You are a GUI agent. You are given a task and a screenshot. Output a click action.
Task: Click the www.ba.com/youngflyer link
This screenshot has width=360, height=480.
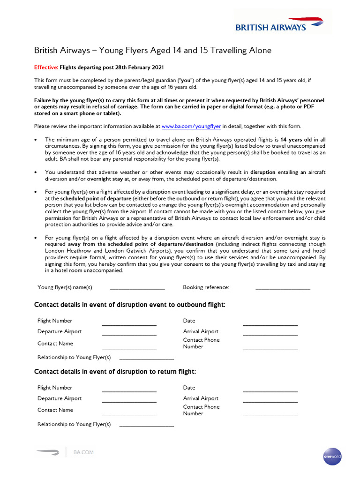click(191, 127)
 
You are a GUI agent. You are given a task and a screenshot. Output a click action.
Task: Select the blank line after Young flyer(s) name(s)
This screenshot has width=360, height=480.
click(137, 288)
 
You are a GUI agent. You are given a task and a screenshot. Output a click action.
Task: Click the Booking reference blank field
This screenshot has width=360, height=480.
click(283, 288)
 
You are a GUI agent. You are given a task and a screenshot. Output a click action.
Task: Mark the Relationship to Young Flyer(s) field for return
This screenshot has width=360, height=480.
click(147, 425)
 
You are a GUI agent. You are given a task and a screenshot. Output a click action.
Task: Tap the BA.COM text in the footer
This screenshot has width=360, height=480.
click(83, 452)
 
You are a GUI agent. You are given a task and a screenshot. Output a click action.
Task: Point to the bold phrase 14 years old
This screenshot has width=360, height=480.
click(296, 140)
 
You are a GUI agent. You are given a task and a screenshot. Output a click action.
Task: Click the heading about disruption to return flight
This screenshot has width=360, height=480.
click(115, 372)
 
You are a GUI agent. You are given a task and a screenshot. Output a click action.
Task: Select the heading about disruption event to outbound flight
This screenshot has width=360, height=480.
click(130, 305)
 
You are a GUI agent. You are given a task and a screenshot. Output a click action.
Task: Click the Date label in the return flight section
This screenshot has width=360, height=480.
click(189, 388)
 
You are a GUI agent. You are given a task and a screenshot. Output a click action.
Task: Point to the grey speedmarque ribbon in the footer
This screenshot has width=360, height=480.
click(48, 452)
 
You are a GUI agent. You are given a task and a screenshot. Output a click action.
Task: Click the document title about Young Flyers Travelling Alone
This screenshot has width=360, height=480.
click(153, 50)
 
